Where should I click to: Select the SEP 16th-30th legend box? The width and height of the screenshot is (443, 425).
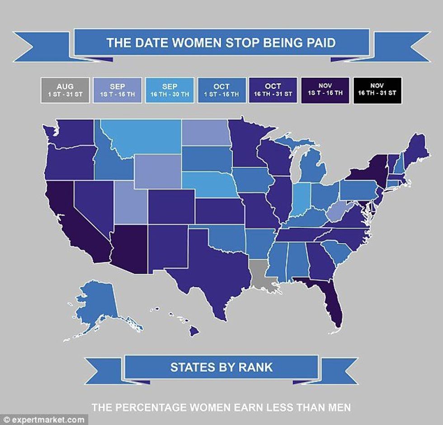point(170,90)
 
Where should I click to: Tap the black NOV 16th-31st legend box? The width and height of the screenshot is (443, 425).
point(377,90)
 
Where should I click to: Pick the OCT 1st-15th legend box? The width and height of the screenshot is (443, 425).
point(221,90)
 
